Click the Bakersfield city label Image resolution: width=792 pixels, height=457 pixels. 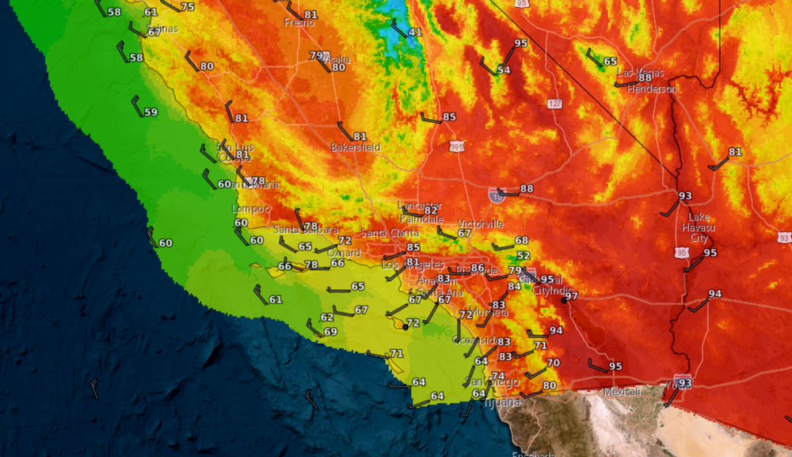point(356,147)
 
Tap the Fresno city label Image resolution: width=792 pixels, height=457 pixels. point(299,22)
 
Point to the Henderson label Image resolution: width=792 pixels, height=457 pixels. point(652,89)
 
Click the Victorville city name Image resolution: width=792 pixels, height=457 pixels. point(481,224)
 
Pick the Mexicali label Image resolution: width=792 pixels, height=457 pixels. point(622,392)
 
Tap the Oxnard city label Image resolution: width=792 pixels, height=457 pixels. point(344,253)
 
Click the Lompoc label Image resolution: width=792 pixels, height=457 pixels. point(250,208)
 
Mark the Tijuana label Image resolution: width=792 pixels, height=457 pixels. point(503,402)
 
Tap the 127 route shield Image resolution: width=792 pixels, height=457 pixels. point(554,104)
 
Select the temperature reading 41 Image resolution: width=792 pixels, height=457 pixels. point(415,32)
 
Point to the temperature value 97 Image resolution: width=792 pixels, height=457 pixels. point(571,295)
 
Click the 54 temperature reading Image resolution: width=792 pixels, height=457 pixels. point(504,70)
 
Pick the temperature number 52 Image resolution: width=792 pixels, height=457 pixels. point(523,256)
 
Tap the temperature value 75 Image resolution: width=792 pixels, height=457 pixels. point(188,7)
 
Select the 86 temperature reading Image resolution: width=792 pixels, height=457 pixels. point(478,268)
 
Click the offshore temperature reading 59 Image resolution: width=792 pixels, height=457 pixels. point(150,112)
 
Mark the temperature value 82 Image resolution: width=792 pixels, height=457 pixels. point(431,209)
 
